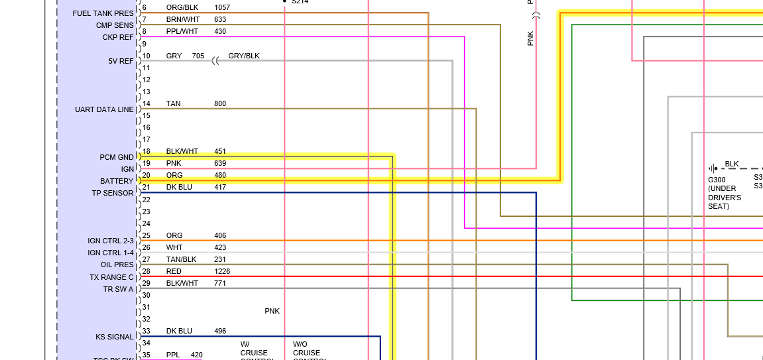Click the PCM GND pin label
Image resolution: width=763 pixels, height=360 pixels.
coord(117,157)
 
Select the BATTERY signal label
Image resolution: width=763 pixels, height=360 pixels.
coord(117,181)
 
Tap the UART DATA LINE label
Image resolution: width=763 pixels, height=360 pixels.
coord(104,109)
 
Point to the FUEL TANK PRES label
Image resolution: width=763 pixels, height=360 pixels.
coord(103,13)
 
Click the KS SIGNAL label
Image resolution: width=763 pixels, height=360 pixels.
coord(115,337)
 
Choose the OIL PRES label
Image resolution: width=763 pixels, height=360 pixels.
coord(117,265)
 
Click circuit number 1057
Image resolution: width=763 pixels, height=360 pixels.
coord(222,7)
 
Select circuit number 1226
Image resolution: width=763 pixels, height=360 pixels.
coord(222,271)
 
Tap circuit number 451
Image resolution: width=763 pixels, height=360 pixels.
coord(220,151)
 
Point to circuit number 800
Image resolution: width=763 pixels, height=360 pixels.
coord(220,103)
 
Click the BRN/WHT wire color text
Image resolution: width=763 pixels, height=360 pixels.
coord(182,19)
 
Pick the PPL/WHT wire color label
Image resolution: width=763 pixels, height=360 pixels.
coord(182,31)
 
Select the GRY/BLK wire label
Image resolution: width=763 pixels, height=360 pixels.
coord(244,56)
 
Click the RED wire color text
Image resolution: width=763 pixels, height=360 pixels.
coord(174,271)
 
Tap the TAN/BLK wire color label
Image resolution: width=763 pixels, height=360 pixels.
coord(181,259)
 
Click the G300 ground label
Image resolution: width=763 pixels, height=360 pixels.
coord(717,180)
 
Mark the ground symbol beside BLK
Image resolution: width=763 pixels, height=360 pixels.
coord(713,168)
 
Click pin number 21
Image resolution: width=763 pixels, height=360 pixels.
coord(146,188)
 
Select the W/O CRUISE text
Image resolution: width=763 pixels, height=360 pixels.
coord(306,349)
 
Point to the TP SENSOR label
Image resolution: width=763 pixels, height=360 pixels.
coord(113,193)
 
